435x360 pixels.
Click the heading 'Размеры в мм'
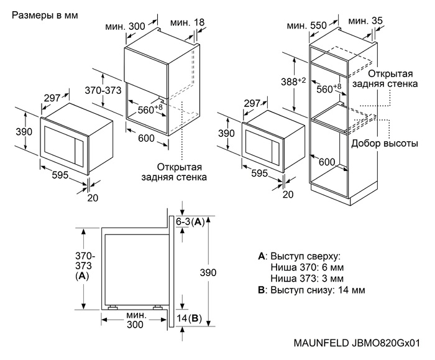[45, 14]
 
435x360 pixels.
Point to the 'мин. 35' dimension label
[367, 22]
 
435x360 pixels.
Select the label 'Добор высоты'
[383, 144]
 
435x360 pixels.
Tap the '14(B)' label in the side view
[190, 319]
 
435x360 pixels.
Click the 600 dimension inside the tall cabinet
[327, 162]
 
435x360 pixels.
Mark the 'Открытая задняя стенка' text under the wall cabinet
[182, 172]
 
